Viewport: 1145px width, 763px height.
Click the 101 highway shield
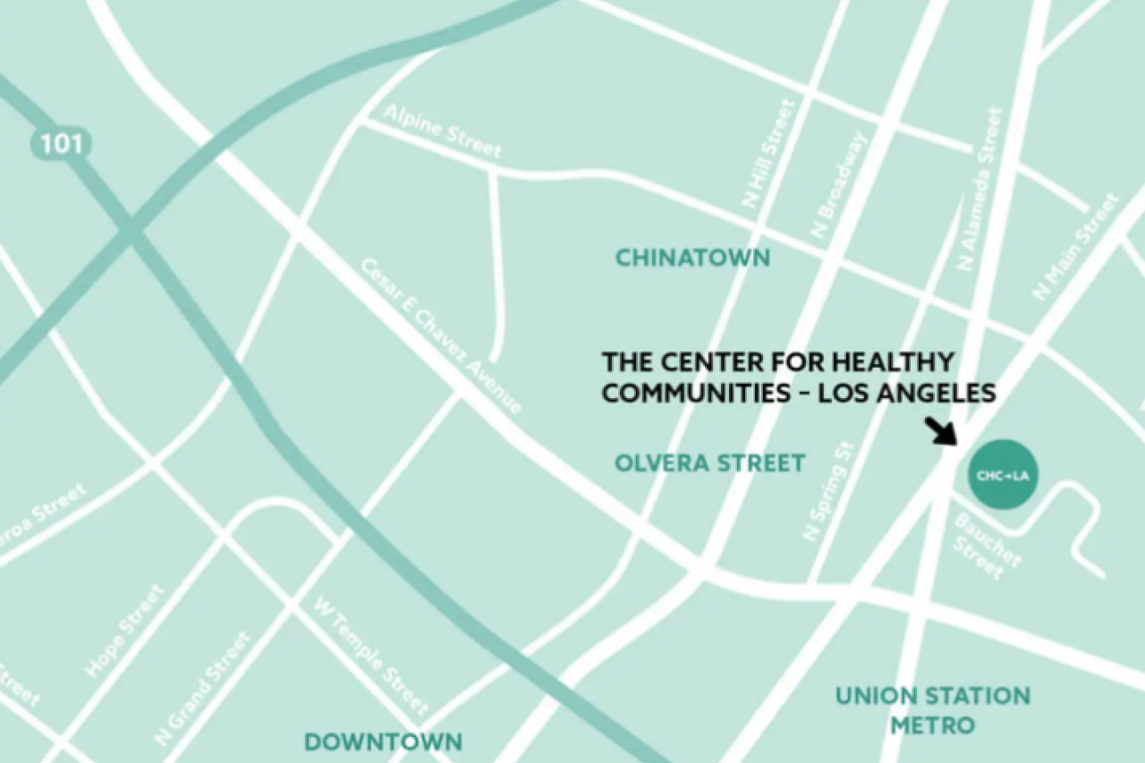coord(62,144)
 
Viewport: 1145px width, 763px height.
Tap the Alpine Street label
coord(443,131)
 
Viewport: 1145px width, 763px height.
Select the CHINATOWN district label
coord(692,259)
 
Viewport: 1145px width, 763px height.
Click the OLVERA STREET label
coord(710,463)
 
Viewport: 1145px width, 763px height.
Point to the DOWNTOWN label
coord(384,742)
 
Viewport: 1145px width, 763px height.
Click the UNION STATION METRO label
coord(932,709)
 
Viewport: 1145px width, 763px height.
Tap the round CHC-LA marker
coord(1003,475)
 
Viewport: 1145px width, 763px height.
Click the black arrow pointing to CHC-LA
coord(939,430)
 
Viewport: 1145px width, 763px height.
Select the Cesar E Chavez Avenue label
coord(441,336)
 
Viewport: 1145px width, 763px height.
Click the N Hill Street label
coord(768,154)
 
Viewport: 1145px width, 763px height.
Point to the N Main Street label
coord(1075,247)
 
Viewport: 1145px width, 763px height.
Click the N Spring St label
coord(829,491)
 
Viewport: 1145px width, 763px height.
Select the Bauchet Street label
coord(985,547)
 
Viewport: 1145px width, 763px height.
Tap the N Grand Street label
coord(203,689)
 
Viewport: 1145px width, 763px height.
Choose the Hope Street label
coord(124,631)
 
